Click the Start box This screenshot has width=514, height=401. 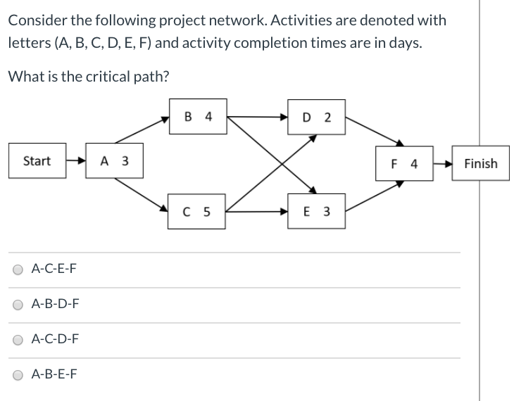tap(37, 161)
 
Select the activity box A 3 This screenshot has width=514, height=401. tap(115, 161)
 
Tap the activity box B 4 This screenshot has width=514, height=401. tap(198, 117)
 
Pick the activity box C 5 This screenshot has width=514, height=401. tap(197, 211)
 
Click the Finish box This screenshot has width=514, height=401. tap(481, 164)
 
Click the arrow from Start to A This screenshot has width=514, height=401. tap(76, 161)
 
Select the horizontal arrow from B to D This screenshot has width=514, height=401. tap(257, 117)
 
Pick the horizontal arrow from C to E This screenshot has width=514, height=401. tap(257, 211)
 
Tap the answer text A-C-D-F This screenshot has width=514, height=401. tap(56, 340)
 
